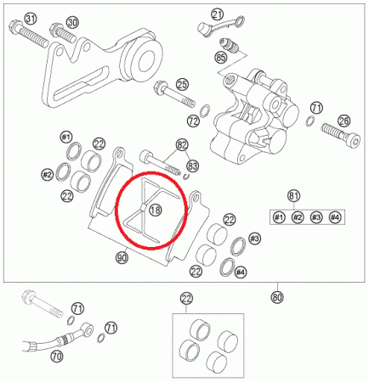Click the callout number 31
[x=31, y=19]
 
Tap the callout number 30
[x=72, y=23]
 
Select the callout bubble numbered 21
[x=218, y=14]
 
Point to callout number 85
[x=221, y=58]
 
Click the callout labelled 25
[x=183, y=85]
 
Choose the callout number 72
[x=193, y=121]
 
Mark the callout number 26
[x=344, y=121]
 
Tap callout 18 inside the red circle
[x=156, y=210]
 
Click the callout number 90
[x=122, y=258]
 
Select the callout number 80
[x=277, y=297]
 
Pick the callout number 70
[x=57, y=357]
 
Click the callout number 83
[x=192, y=166]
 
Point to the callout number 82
[x=182, y=145]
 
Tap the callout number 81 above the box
[x=293, y=196]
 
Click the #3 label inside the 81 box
[x=316, y=217]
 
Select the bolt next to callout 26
[x=341, y=134]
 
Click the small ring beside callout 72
[x=205, y=110]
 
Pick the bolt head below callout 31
[x=14, y=26]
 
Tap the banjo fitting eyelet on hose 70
[x=88, y=329]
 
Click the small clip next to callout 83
[x=186, y=177]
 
